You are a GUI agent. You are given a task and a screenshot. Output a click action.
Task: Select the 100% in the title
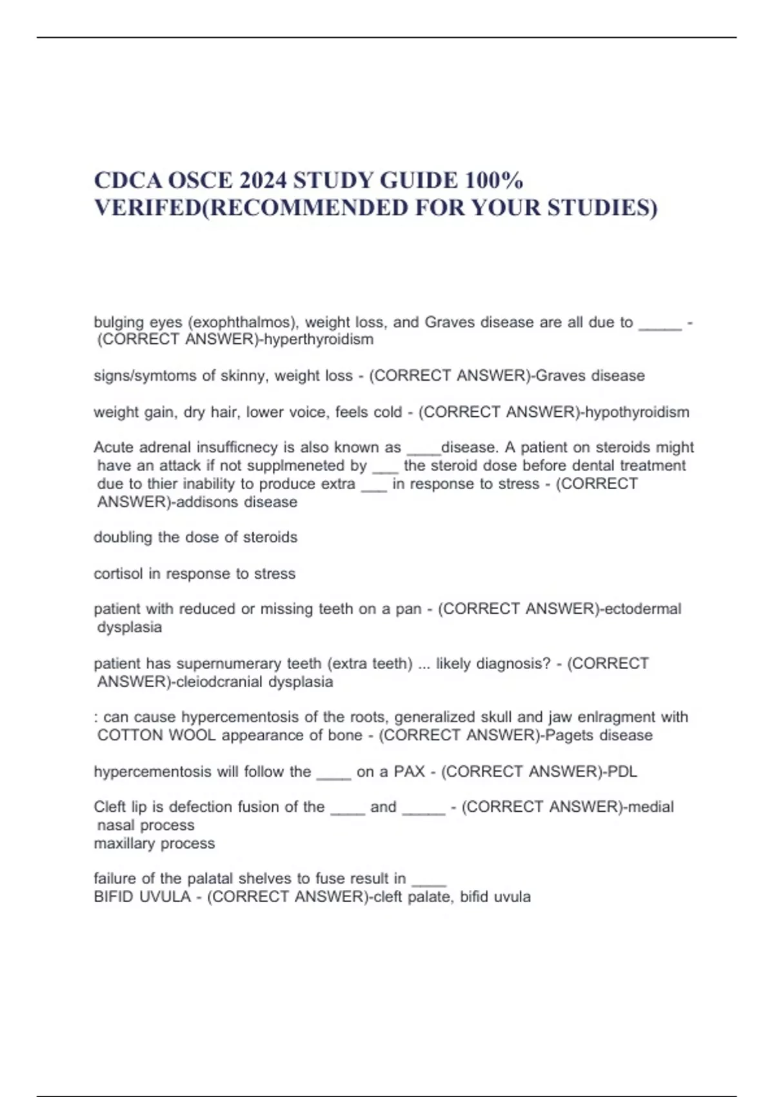tap(493, 180)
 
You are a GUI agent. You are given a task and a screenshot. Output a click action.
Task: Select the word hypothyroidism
tap(637, 412)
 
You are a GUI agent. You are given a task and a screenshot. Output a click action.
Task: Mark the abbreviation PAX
tap(409, 772)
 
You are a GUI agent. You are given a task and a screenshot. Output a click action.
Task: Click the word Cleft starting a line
tap(110, 807)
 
